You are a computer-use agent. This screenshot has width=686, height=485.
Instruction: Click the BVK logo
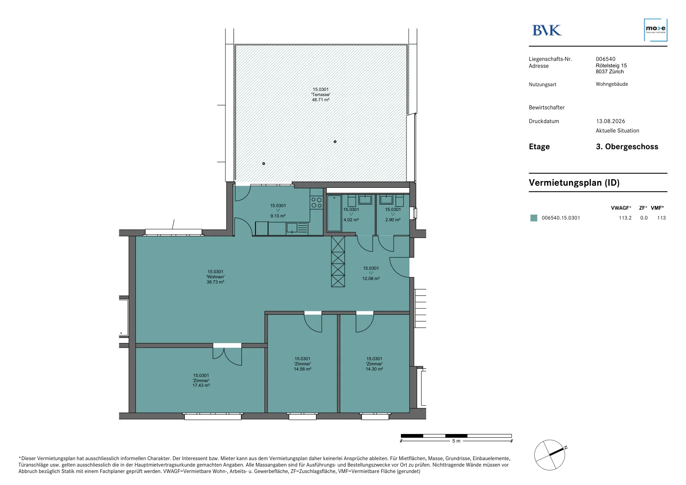(547, 30)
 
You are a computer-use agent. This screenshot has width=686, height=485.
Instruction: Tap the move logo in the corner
(656, 30)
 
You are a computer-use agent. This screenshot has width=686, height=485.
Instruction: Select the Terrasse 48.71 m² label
(321, 95)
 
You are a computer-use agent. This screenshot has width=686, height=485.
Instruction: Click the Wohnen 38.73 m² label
(215, 277)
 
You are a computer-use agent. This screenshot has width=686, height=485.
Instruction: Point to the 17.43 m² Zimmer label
(201, 380)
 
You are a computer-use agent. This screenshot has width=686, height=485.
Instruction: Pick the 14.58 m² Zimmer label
(303, 364)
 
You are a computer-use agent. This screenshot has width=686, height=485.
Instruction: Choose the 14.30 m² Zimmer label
(374, 364)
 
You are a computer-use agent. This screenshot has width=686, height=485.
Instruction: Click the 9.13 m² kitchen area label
(278, 211)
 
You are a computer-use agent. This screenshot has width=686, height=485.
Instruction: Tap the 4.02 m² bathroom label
(351, 214)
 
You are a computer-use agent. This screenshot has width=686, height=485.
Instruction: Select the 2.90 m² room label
(393, 214)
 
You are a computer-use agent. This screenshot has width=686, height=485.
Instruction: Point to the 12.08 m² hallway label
(371, 273)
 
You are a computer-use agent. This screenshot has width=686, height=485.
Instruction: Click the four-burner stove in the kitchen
(316, 202)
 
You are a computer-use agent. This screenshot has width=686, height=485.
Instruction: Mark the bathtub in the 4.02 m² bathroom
(334, 213)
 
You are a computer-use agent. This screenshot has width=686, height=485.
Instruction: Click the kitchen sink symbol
(292, 228)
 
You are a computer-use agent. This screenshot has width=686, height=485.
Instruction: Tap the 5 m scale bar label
(456, 441)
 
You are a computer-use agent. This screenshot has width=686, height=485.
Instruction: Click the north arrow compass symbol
(551, 455)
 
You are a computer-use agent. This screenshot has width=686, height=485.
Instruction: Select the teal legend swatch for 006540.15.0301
(533, 218)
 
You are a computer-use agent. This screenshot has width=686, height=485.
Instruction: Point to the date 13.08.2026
(611, 121)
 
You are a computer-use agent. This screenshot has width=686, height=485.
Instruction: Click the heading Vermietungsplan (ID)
(574, 183)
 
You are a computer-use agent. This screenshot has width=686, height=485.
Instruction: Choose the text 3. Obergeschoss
(627, 147)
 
